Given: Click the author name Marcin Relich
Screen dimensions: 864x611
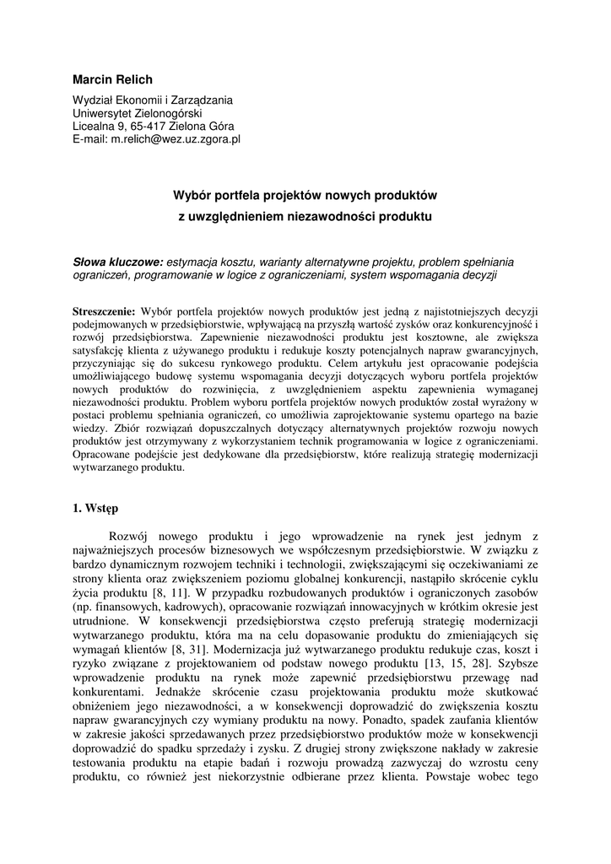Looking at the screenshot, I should tap(112, 80).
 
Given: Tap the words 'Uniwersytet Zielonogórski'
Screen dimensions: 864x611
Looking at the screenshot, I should tap(138, 113).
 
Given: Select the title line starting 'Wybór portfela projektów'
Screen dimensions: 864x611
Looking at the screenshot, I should tap(305, 195).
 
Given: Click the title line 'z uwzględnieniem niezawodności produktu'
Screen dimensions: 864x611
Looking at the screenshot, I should tap(305, 217).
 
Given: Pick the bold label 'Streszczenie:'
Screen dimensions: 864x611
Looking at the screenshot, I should tap(105, 310).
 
